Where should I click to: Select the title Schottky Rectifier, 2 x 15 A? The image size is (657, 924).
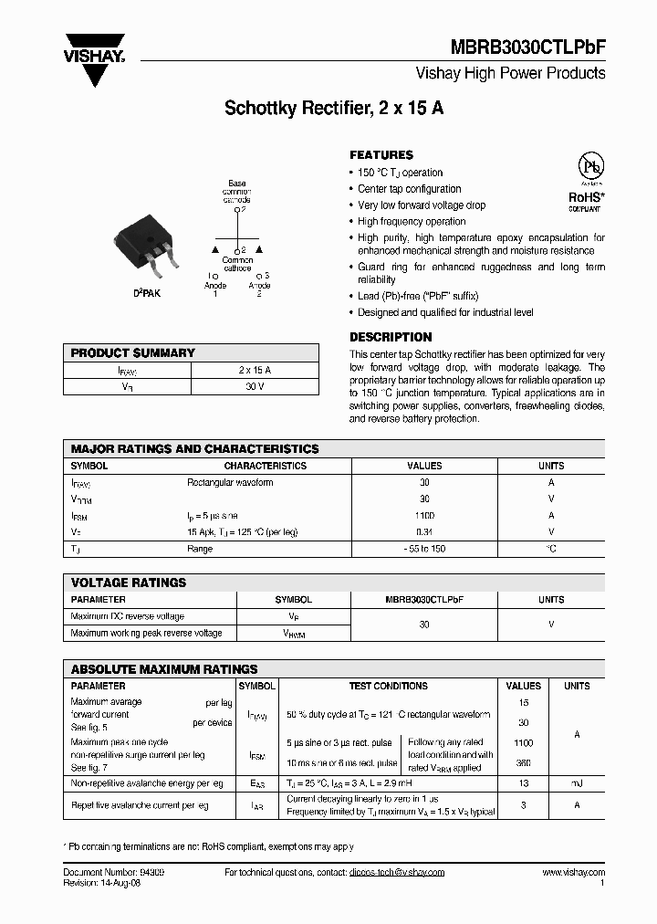[x=334, y=108]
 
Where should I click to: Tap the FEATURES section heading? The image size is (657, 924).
[x=381, y=155]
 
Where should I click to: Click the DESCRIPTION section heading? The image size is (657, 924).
[x=391, y=337]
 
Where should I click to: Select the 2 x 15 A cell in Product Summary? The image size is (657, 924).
[x=255, y=370]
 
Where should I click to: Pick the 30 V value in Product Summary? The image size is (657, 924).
[x=255, y=386]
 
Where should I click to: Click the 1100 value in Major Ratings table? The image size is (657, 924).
[x=424, y=516]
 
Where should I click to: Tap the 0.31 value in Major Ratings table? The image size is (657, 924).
[x=424, y=532]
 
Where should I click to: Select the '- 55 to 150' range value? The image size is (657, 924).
[x=424, y=549]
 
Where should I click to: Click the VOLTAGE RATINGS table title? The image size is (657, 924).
[x=129, y=583]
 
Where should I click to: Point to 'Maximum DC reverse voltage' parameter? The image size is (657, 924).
[x=127, y=616]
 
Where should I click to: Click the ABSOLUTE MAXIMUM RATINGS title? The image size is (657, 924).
[x=164, y=669]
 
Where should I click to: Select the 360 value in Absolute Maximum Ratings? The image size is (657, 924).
[x=523, y=764]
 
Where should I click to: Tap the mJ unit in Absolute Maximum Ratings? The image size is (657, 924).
[x=577, y=783]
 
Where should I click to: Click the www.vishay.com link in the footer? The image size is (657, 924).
[x=573, y=873]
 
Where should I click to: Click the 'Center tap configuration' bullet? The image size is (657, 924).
[x=409, y=189]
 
